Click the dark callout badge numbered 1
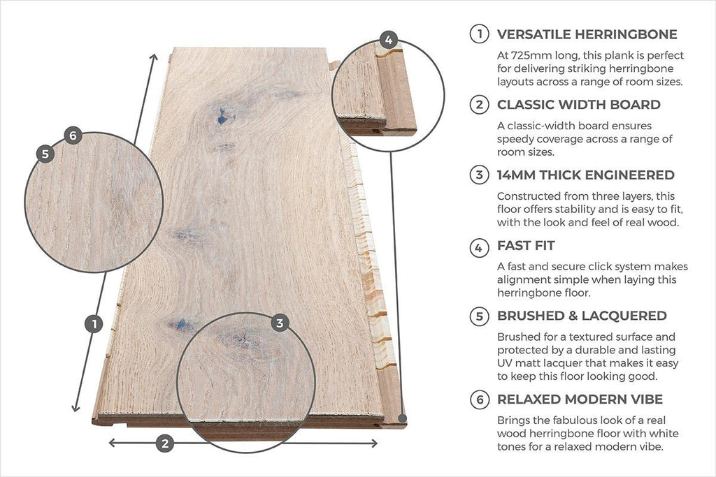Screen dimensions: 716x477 coord(94,324)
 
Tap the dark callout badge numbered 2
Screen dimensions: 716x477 coord(165,443)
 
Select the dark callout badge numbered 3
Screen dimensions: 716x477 coord(280,323)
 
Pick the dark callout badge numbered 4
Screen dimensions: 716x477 coord(389,40)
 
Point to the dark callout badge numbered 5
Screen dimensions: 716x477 coord(45,154)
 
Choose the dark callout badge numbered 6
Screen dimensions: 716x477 coord(73,136)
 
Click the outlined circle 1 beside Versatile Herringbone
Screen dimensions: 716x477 coord(479,34)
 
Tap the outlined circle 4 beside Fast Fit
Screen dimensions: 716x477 coord(479,248)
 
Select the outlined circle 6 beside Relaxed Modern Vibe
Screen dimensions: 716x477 coord(479,399)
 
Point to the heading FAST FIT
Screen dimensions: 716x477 coord(526,246)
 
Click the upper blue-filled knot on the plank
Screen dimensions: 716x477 coord(222,117)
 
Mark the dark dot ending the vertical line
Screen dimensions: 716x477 coord(402,418)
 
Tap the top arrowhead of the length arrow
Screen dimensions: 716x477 coord(155,57)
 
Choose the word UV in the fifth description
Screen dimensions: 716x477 coord(504,363)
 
